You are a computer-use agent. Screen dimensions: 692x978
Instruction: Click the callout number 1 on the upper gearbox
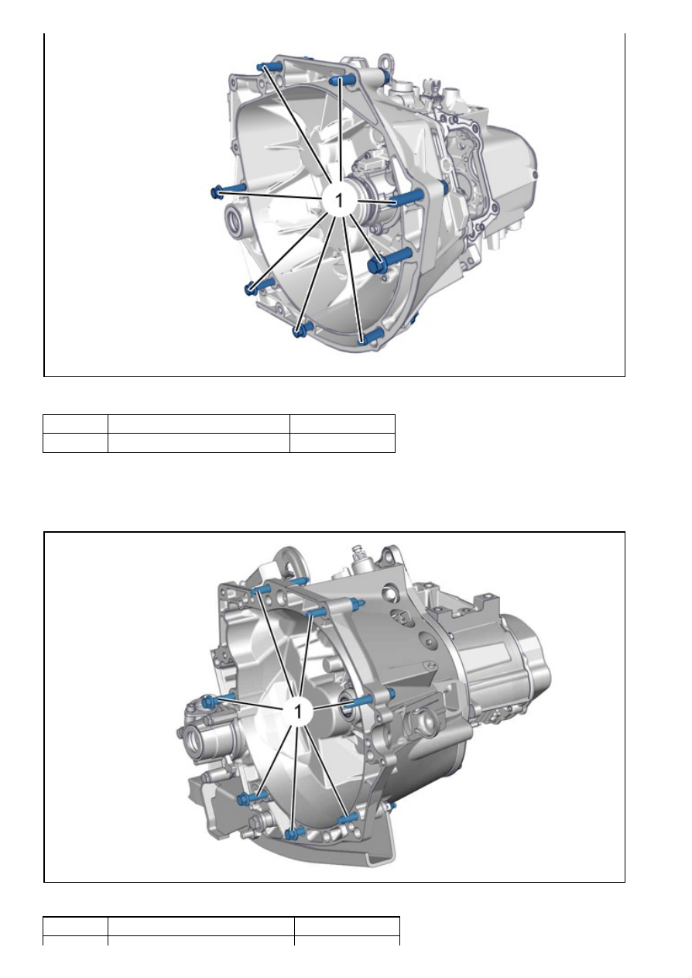coord(339,200)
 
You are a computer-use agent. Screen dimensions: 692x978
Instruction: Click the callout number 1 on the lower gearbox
coord(298,712)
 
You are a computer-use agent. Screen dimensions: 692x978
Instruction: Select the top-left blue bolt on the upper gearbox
coord(269,67)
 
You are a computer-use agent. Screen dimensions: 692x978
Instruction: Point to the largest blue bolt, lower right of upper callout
coord(389,259)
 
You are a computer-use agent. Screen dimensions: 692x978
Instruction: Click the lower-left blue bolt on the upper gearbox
coord(259,286)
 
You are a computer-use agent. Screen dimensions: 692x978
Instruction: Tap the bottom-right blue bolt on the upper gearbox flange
coord(371,337)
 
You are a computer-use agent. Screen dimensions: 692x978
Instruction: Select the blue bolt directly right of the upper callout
coord(407,197)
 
